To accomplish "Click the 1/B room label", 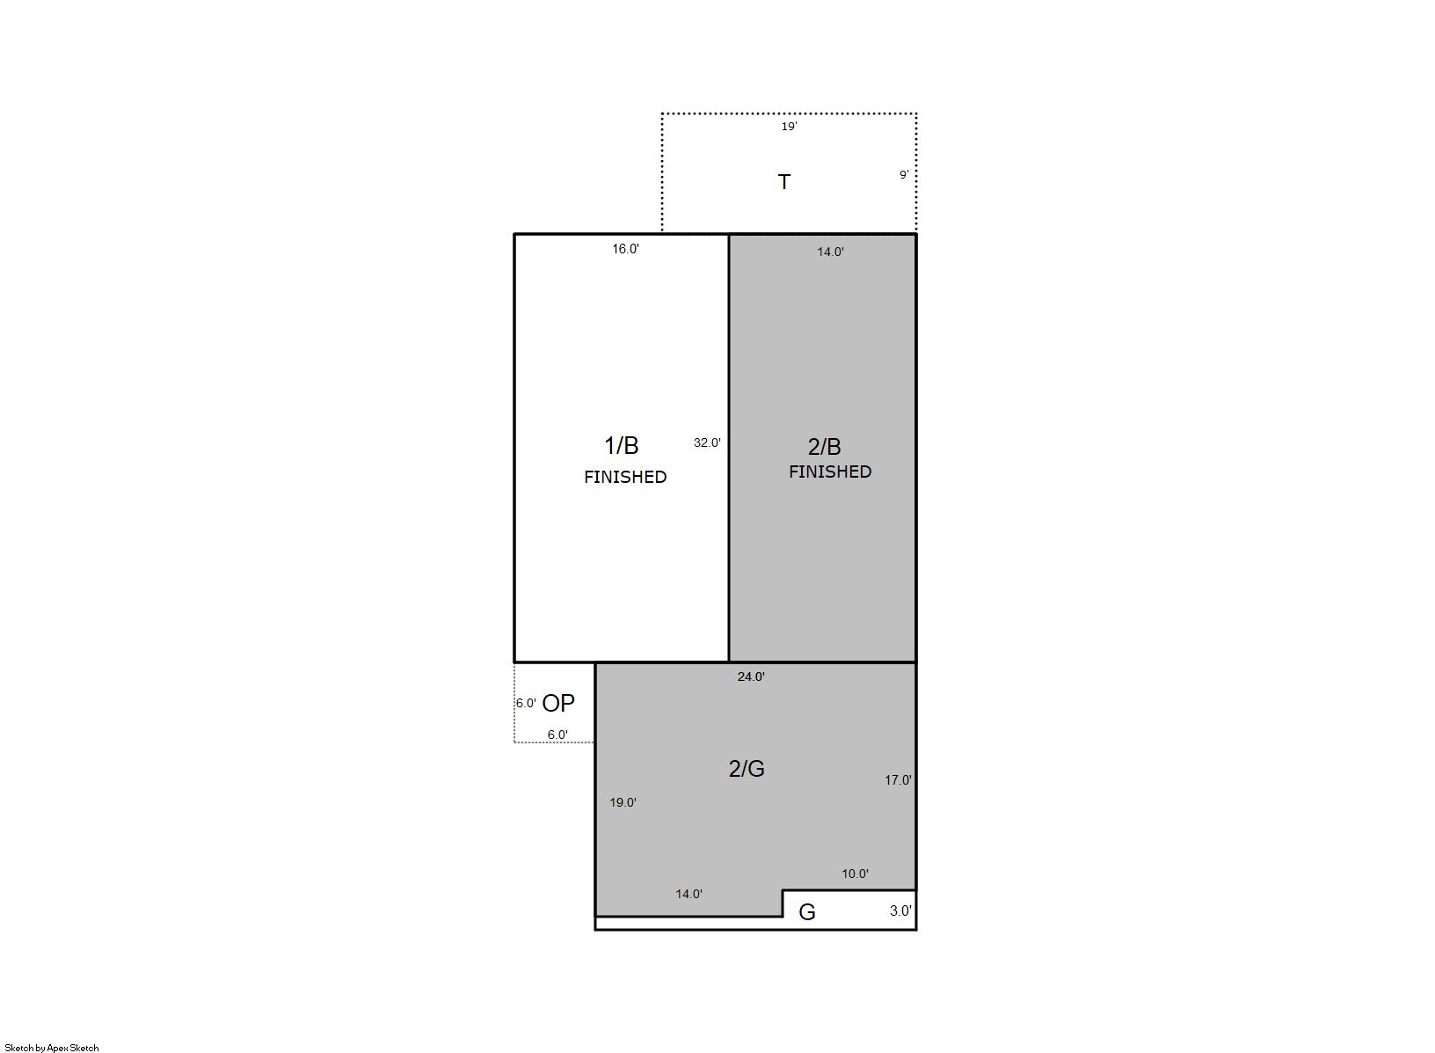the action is tap(622, 445).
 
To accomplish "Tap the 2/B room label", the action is tap(824, 447).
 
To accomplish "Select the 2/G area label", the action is tap(747, 769).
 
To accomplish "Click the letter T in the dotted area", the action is tap(784, 182).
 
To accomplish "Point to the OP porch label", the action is tap(558, 704).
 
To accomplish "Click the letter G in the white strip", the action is tap(807, 912).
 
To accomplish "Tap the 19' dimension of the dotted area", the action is tap(789, 127).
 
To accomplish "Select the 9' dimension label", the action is tap(904, 174).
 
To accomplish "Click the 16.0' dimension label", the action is tap(625, 249).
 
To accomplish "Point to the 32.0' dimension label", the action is tap(707, 442).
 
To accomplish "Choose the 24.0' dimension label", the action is tap(751, 676).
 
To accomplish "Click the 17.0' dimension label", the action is tap(898, 780).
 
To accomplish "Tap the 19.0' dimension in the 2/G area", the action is tap(623, 802).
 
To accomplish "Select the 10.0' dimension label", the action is tap(855, 874).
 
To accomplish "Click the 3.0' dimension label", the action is tap(900, 910).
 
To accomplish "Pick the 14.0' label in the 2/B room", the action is tap(830, 252).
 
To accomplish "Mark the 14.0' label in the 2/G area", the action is tap(688, 894).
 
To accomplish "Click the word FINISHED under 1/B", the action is tap(625, 477).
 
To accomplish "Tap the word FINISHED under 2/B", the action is tap(830, 472).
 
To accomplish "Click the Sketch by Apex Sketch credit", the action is tap(52, 1048).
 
